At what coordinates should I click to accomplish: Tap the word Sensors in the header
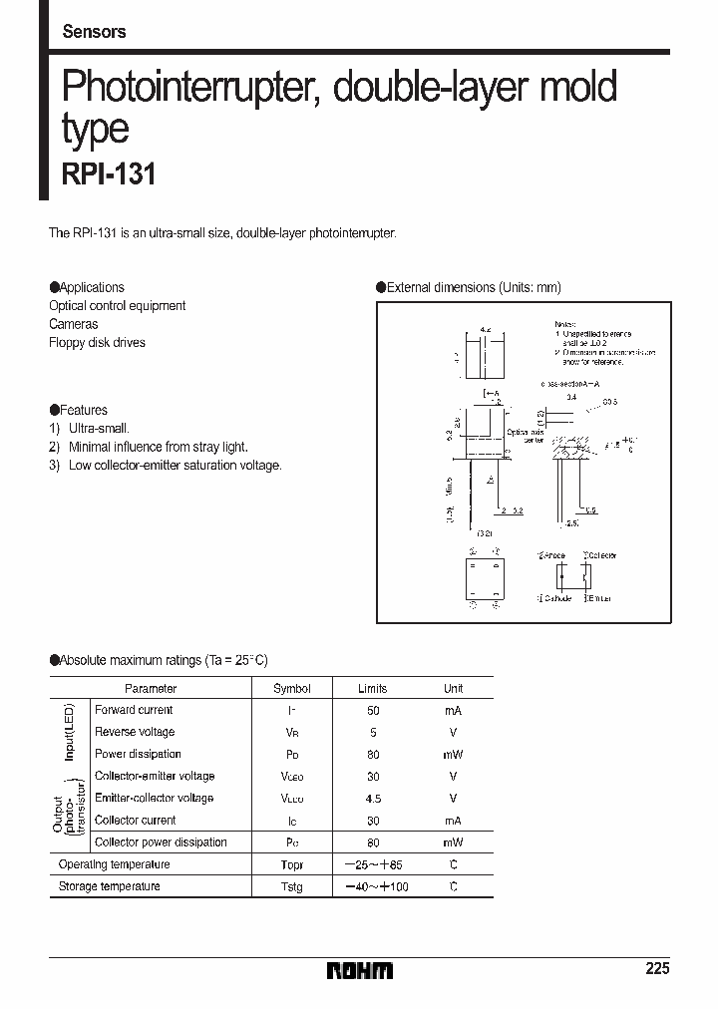tap(95, 32)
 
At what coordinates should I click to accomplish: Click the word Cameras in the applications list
tap(74, 324)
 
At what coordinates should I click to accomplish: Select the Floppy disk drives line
tap(97, 342)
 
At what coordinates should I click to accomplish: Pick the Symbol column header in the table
tap(291, 689)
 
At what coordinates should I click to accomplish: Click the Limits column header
tap(372, 689)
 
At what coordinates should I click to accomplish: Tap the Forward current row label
tap(134, 710)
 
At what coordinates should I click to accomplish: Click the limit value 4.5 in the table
tap(373, 798)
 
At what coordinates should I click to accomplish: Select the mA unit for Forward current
tap(453, 710)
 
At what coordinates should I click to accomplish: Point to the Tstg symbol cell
tap(292, 886)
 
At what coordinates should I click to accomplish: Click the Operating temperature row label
tap(115, 864)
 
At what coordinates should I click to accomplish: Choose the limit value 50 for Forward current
tap(373, 710)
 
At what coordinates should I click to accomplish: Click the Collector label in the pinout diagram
tap(601, 555)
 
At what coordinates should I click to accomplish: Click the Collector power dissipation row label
tap(161, 842)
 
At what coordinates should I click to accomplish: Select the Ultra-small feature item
tap(99, 428)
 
